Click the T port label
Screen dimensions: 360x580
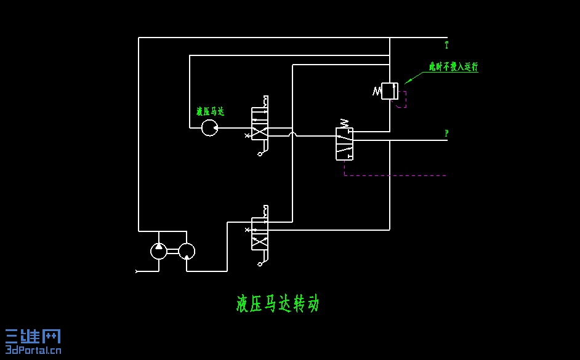pos(446,45)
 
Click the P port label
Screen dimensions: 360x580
pos(446,133)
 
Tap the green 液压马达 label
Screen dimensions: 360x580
pos(210,111)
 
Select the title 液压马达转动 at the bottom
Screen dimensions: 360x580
pos(278,303)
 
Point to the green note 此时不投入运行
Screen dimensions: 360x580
pos(453,66)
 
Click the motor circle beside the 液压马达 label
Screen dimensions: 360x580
pos(209,128)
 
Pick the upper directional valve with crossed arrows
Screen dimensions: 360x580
pos(259,124)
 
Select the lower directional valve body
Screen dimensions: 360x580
pos(259,234)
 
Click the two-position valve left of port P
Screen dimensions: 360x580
pos(344,144)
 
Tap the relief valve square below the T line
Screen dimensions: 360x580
pos(390,91)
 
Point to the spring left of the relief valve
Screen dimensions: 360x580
pos(377,92)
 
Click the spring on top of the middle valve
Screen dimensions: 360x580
pos(344,123)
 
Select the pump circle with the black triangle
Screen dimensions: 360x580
pos(159,250)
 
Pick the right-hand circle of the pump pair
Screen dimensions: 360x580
pos(187,250)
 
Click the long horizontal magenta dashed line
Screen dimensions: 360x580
pos(394,175)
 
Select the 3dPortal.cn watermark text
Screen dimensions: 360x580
pos(33,351)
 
